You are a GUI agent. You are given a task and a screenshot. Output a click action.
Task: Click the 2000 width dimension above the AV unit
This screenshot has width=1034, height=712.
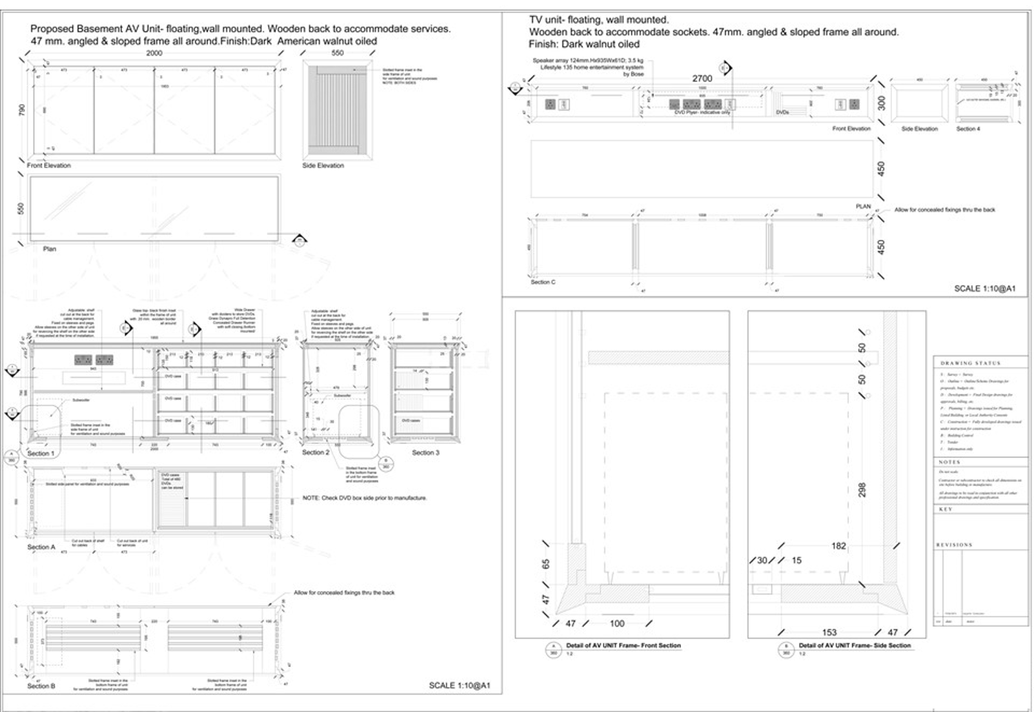tap(154, 53)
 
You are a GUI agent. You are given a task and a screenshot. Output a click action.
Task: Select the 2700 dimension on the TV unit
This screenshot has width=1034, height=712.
tap(702, 78)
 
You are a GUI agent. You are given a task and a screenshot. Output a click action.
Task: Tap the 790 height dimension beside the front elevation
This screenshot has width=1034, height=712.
tap(21, 110)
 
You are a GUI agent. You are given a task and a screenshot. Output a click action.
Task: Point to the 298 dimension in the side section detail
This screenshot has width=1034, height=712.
tap(862, 490)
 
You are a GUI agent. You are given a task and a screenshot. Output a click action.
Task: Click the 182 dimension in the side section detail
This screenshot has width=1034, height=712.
tap(838, 546)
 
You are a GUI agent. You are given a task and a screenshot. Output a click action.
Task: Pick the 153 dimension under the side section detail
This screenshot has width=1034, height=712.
tap(829, 632)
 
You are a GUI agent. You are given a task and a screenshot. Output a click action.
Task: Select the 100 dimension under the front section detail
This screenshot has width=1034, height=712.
tap(617, 623)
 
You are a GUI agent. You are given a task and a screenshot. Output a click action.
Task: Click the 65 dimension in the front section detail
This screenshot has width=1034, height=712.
tap(546, 564)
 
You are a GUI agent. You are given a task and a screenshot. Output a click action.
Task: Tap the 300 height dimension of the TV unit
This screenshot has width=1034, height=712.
tap(881, 103)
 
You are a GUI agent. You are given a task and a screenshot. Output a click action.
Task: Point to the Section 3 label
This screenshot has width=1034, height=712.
tap(425, 453)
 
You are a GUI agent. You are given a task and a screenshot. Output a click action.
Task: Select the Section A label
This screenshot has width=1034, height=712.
tap(41, 547)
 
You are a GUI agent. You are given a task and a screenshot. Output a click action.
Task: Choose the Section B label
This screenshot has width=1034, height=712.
tap(41, 686)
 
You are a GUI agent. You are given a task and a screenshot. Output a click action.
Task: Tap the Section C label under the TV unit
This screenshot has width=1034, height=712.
tap(543, 282)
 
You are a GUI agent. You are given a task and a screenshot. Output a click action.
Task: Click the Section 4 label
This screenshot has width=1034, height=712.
tap(968, 129)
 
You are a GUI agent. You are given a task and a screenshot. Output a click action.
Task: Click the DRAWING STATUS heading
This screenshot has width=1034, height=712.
tap(970, 363)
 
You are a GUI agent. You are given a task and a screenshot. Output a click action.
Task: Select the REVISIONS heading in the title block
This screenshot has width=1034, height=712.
tap(954, 545)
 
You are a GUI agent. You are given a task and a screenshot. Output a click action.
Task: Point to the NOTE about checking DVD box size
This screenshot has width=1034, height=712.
tap(365, 498)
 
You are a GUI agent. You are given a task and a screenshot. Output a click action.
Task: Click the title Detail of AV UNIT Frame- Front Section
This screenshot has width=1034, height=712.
tap(623, 645)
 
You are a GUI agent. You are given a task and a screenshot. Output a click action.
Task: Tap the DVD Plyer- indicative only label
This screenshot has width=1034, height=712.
tap(702, 112)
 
